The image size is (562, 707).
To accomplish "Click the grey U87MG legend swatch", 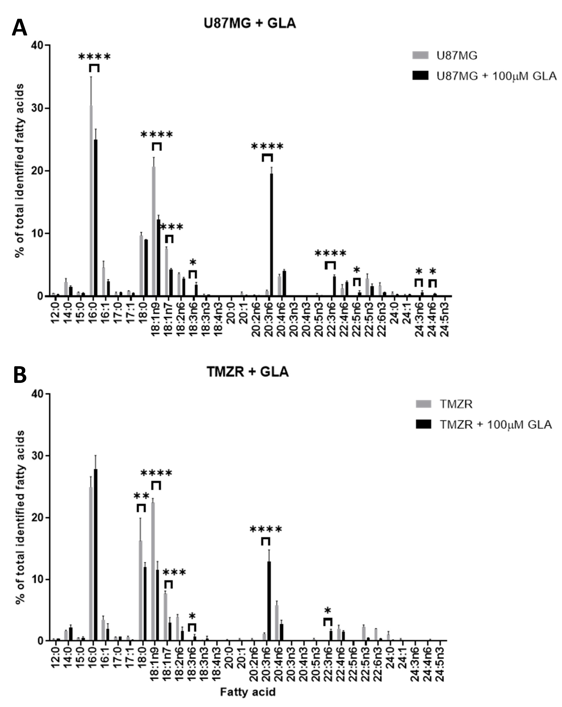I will [x=420, y=55].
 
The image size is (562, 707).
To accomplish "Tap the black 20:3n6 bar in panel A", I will [x=271, y=234].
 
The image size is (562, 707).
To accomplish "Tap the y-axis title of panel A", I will [x=20, y=171].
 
